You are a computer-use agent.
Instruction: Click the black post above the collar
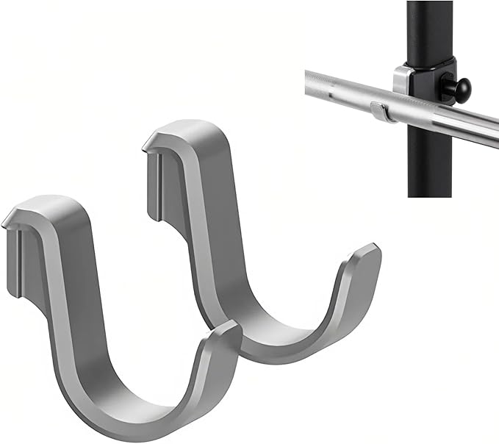pyautogui.click(x=431, y=29)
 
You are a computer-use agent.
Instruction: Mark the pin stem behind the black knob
pyautogui.click(x=450, y=87)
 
